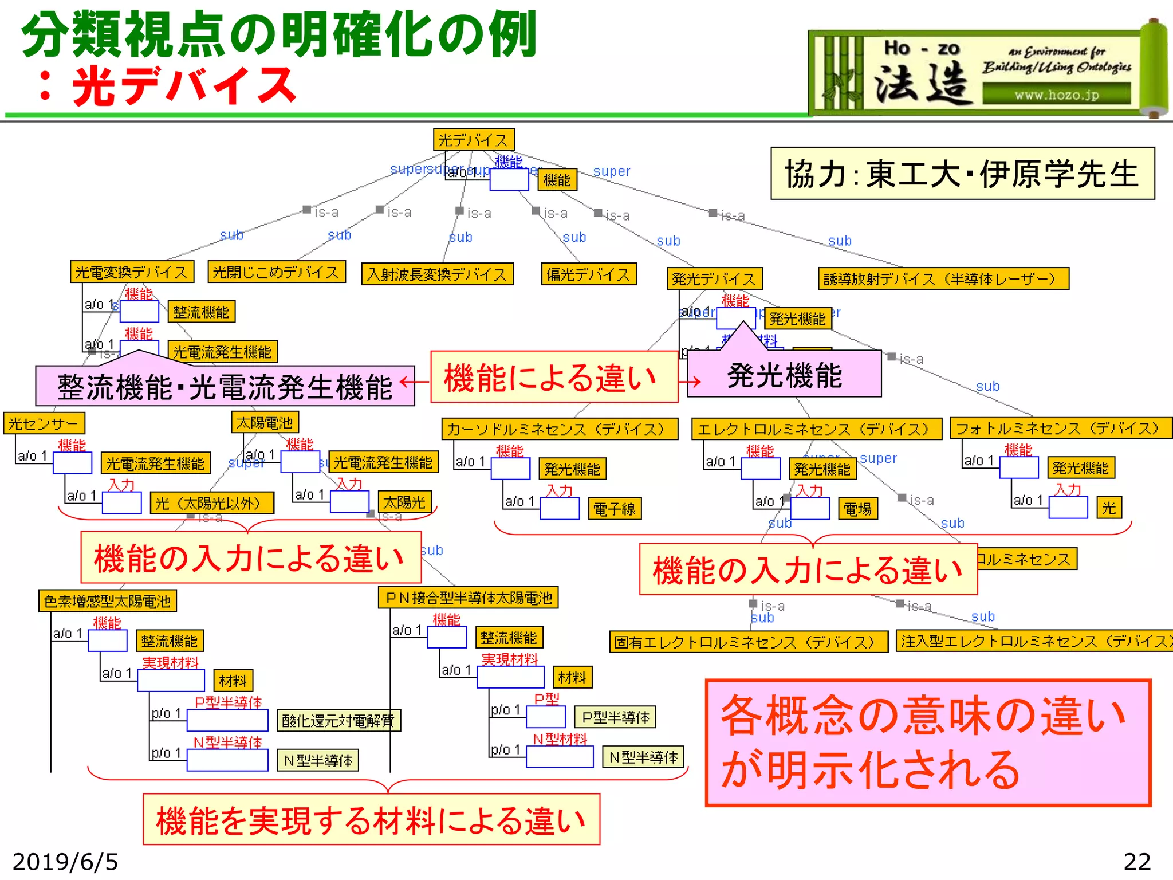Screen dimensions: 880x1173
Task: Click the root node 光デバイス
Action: (474, 140)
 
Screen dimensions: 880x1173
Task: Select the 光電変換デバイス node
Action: (132, 272)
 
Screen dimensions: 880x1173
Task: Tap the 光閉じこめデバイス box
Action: (277, 272)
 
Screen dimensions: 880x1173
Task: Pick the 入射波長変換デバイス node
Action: (437, 274)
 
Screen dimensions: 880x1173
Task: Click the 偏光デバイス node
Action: (588, 274)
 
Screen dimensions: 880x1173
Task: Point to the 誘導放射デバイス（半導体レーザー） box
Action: (943, 278)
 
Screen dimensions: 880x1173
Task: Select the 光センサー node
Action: (44, 423)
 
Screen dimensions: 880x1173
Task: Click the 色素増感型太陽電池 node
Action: (107, 601)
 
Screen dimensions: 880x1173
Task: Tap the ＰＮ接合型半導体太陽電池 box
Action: (468, 598)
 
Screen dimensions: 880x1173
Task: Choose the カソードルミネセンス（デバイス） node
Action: (559, 429)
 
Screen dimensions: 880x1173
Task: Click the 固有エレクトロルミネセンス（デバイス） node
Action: (748, 642)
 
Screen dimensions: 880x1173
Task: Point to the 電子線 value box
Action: (615, 508)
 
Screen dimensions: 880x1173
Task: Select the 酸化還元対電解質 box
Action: (338, 720)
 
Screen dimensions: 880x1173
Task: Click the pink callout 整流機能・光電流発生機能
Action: (225, 386)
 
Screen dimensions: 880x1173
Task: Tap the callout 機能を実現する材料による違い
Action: (371, 819)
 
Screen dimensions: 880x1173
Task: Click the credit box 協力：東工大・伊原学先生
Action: (962, 174)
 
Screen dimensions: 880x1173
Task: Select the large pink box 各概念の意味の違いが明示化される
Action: (928, 742)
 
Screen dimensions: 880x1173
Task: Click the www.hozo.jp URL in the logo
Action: (1057, 95)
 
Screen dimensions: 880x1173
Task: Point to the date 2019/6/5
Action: (65, 862)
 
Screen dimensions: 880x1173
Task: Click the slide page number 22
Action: (1137, 862)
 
